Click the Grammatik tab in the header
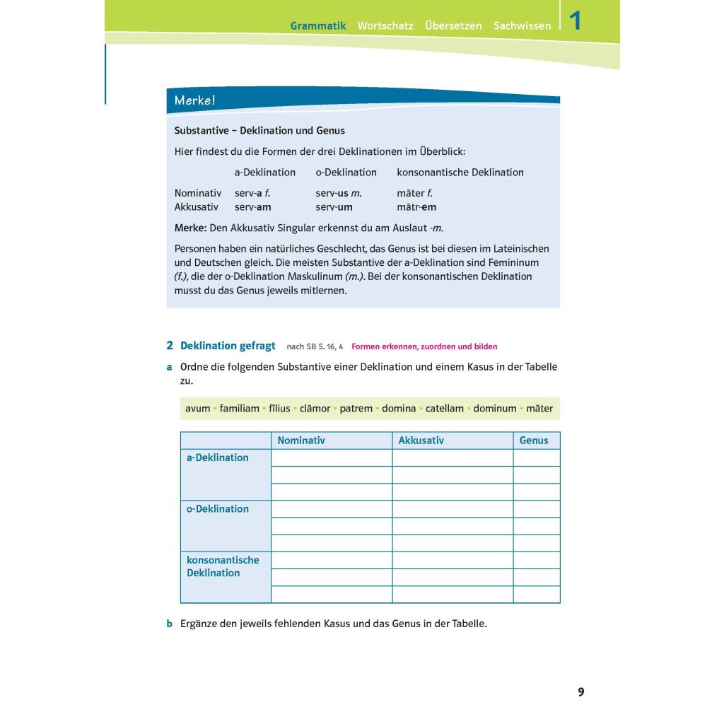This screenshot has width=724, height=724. pyautogui.click(x=318, y=25)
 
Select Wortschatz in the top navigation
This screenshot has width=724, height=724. pyautogui.click(x=385, y=25)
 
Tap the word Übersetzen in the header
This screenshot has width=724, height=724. pyautogui.click(x=453, y=25)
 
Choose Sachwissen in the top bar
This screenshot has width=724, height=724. pyautogui.click(x=522, y=25)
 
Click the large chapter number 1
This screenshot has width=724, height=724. pyautogui.click(x=576, y=21)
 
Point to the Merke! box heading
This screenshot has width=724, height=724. pyautogui.click(x=194, y=100)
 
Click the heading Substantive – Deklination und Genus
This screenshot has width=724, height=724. pyautogui.click(x=259, y=131)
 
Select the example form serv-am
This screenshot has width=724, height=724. pyautogui.click(x=253, y=207)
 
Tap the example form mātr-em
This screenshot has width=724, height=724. pyautogui.click(x=416, y=207)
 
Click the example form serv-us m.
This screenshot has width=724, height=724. pyautogui.click(x=339, y=193)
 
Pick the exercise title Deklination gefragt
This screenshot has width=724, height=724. pyautogui.click(x=228, y=346)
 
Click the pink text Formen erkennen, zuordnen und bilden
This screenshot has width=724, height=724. pyautogui.click(x=424, y=346)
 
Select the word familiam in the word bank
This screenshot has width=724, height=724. pyautogui.click(x=240, y=409)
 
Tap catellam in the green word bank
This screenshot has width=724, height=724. pyautogui.click(x=445, y=409)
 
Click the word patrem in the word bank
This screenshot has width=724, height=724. pyautogui.click(x=356, y=409)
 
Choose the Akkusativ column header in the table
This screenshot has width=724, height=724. pyautogui.click(x=421, y=440)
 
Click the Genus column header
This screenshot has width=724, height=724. pyautogui.click(x=534, y=440)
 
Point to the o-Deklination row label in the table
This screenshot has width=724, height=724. pyautogui.click(x=218, y=509)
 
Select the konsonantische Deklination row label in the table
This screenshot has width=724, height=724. pyautogui.click(x=223, y=566)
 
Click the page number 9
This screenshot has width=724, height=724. pyautogui.click(x=581, y=692)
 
